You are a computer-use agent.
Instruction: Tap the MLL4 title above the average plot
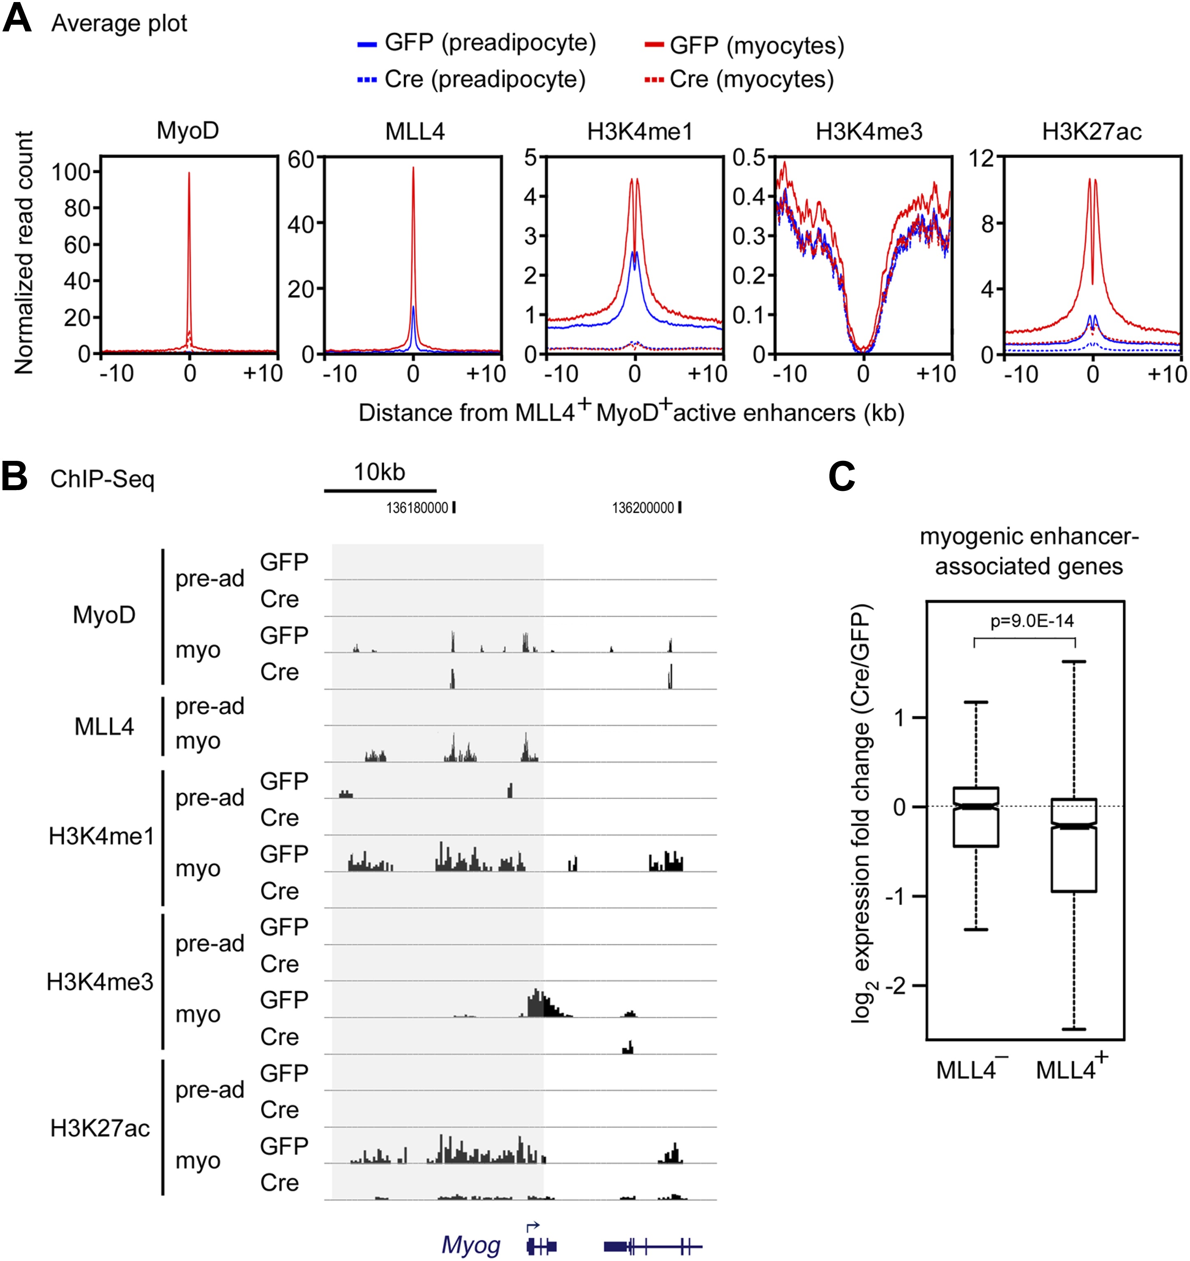(x=415, y=131)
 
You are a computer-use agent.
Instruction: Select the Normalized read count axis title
(x=24, y=252)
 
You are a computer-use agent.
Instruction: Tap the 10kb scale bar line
(x=380, y=490)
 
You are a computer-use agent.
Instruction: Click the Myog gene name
(x=471, y=1245)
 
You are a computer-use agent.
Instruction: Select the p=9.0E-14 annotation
(x=1032, y=621)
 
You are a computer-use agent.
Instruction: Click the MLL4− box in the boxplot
(x=975, y=817)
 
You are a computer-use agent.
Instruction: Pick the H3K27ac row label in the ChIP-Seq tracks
(x=100, y=1128)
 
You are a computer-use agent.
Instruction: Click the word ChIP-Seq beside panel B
(x=102, y=479)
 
